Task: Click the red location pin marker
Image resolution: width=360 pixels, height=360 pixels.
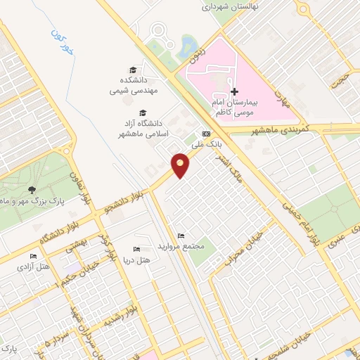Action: click(x=181, y=165)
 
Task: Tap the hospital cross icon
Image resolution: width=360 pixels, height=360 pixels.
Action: click(x=235, y=91)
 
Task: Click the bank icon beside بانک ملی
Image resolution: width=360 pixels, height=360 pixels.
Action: click(x=206, y=133)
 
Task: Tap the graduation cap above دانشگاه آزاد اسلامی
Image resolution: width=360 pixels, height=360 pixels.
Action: click(x=143, y=112)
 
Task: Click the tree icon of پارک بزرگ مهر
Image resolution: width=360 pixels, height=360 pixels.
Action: click(x=32, y=189)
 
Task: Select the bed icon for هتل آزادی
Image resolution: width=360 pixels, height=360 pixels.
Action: click(x=32, y=257)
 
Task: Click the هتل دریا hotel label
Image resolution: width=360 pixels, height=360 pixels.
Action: click(x=146, y=260)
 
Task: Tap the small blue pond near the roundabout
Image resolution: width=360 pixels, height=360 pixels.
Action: click(x=188, y=48)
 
